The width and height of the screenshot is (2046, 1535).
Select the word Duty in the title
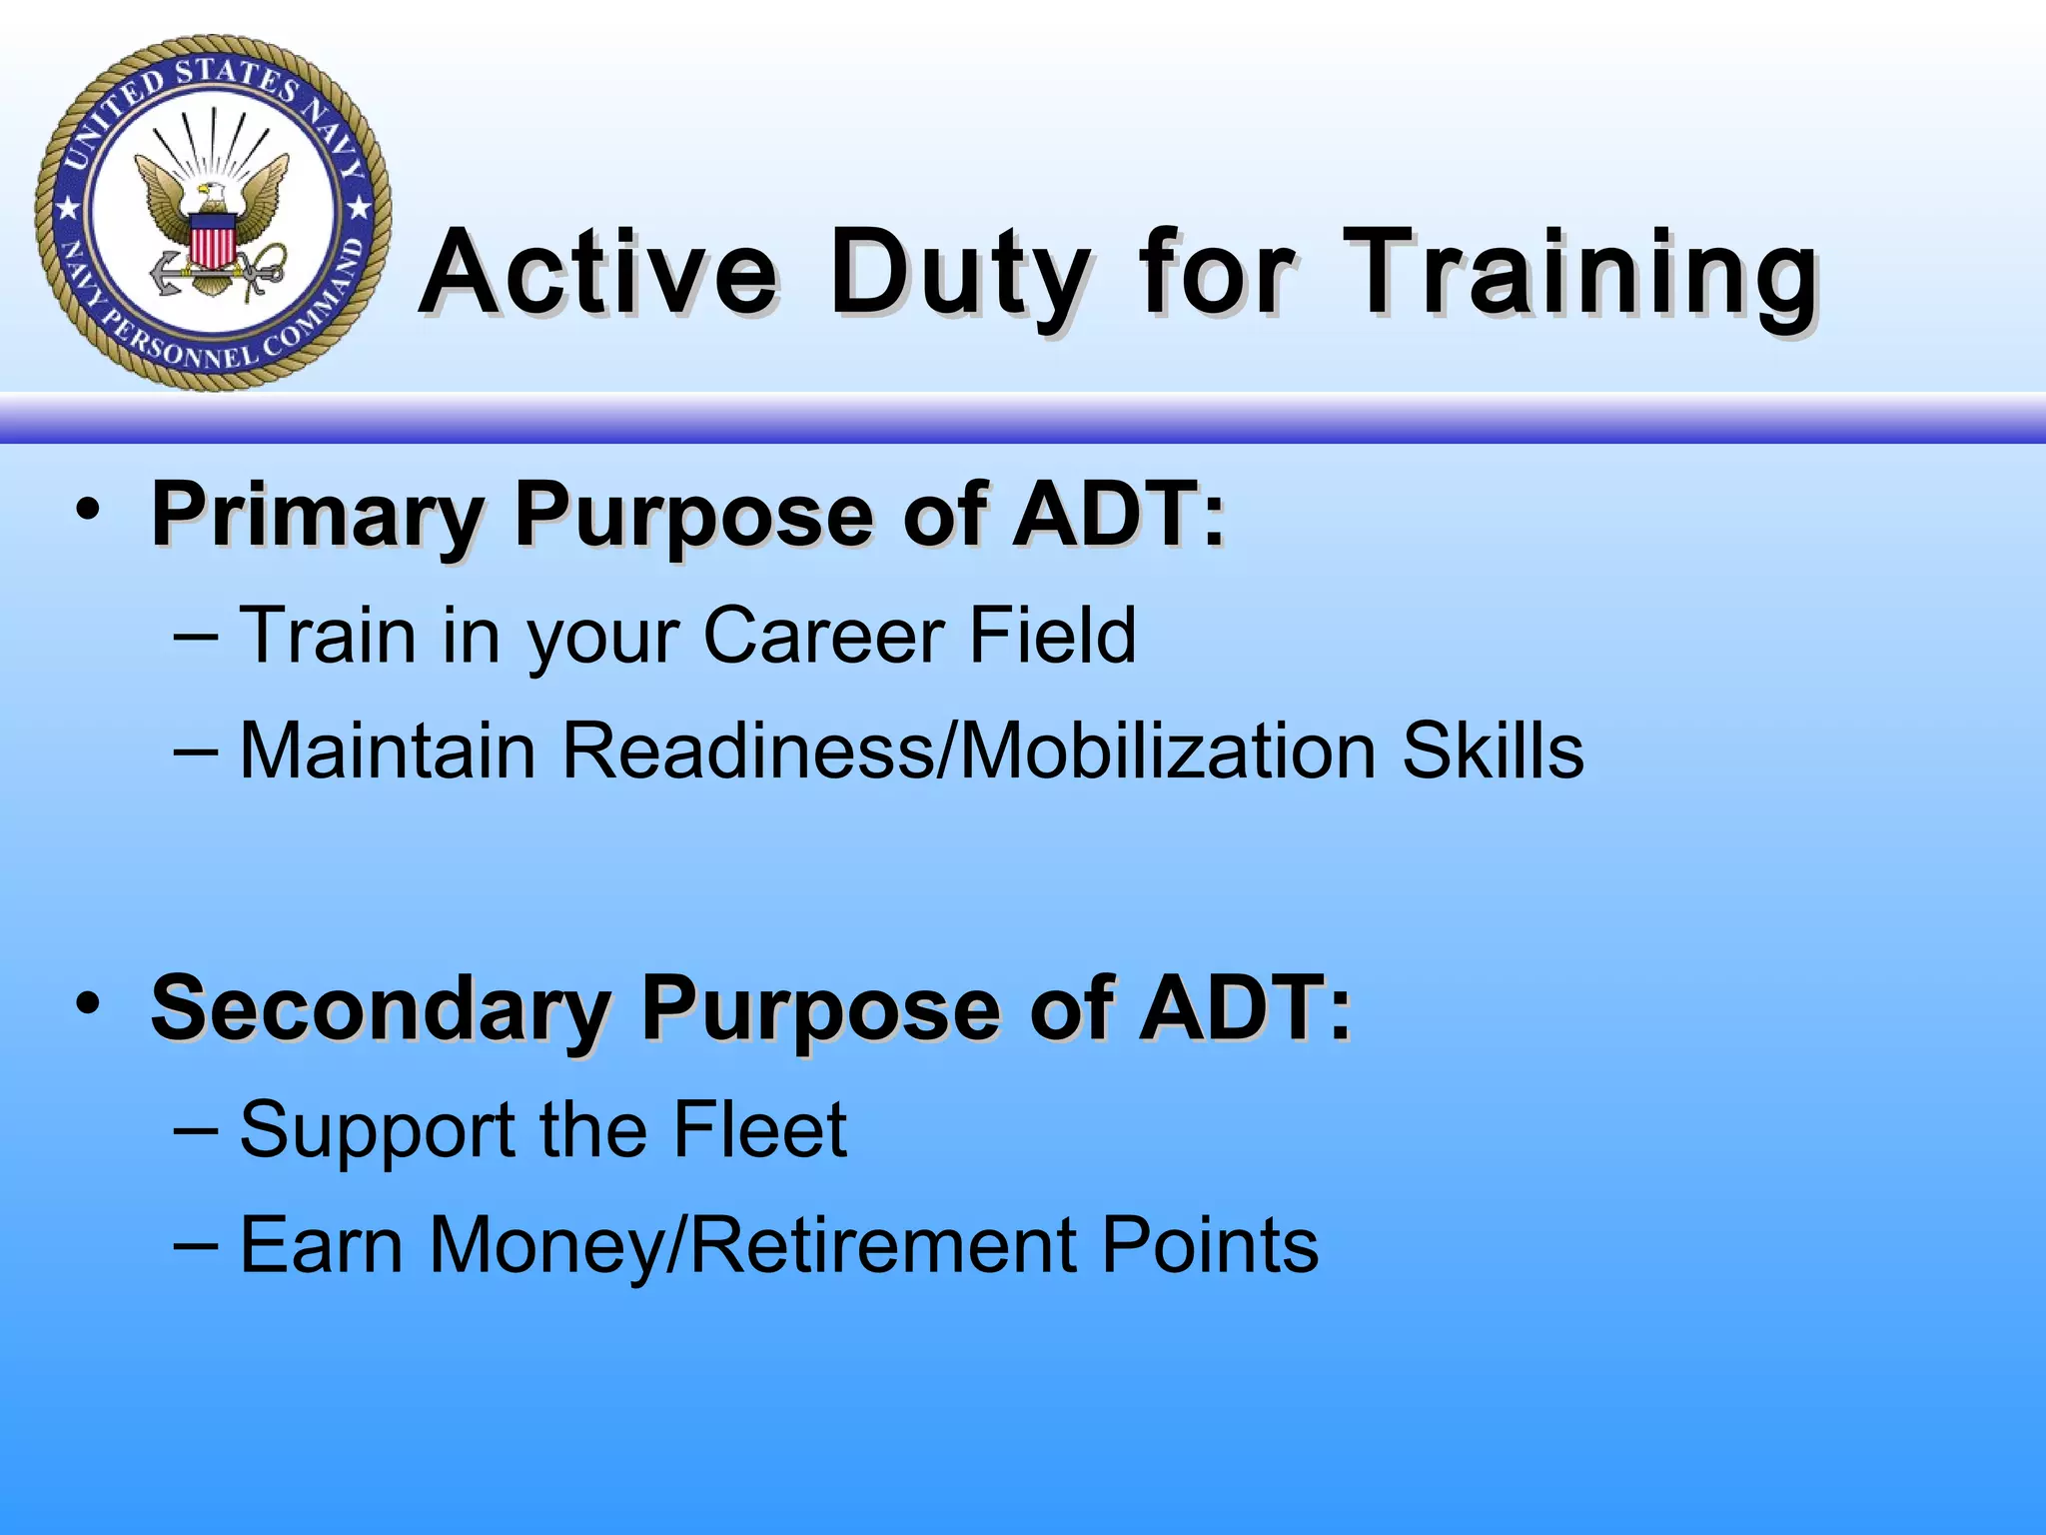(959, 272)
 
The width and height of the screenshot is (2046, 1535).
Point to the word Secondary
(380, 1009)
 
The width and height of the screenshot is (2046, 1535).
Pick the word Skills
(1492, 751)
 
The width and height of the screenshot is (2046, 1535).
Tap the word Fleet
(759, 1130)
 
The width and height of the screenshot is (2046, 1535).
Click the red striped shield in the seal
(212, 243)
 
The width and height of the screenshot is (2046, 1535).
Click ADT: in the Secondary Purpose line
(1245, 1009)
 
